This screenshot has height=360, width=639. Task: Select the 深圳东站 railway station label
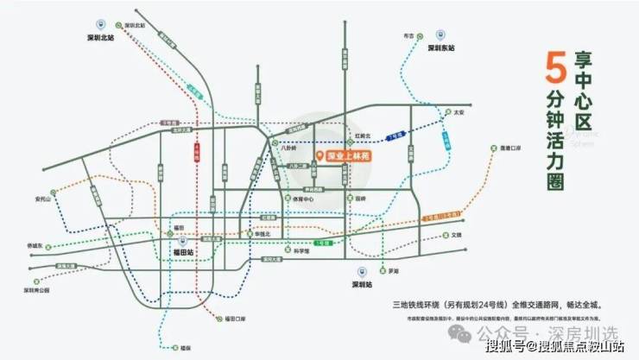[x=441, y=49]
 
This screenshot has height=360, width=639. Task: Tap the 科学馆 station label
[x=301, y=252]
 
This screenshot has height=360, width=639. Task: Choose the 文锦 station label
[x=457, y=234]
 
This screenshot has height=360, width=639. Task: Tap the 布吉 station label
[x=409, y=36]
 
